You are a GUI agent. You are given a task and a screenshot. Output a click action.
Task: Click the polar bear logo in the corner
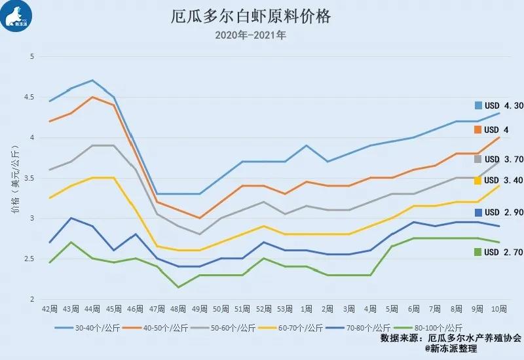(x=18, y=17)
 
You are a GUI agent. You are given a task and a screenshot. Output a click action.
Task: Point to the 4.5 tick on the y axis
(x=29, y=97)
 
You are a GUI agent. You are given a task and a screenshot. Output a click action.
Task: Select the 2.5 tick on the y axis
(x=29, y=259)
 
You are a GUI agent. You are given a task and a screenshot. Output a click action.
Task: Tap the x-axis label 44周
(x=92, y=308)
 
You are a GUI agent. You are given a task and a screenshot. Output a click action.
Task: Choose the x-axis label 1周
(x=305, y=308)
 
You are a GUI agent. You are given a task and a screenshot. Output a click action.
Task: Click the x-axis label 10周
(x=498, y=308)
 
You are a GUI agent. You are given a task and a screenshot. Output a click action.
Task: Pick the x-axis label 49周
(x=199, y=308)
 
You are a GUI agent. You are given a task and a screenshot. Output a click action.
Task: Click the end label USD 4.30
(x=499, y=105)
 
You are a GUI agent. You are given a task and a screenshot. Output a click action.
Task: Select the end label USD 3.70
(x=499, y=159)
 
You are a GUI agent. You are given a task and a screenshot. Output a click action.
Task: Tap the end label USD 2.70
(x=499, y=251)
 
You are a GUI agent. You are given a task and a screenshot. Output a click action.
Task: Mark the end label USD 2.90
(x=499, y=213)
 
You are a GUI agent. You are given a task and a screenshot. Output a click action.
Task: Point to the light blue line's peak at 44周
(x=92, y=81)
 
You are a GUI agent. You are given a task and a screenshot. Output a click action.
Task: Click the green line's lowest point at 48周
(x=178, y=287)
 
